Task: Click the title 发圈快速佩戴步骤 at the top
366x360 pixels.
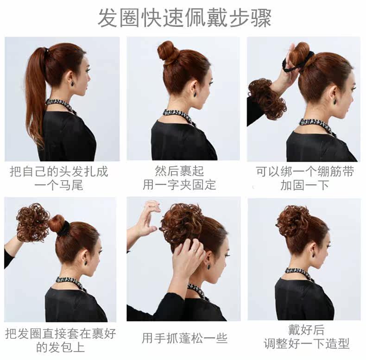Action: (184, 18)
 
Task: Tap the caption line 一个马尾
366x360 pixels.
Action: (59, 186)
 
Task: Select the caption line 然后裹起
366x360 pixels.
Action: (179, 171)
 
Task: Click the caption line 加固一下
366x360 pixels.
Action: (304, 186)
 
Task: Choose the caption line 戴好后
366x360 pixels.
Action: (306, 330)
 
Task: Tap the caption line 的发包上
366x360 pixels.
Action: (60, 347)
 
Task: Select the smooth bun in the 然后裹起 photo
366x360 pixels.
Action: (168, 51)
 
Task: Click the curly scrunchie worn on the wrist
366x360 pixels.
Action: (267, 98)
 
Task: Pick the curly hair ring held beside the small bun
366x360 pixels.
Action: (33, 222)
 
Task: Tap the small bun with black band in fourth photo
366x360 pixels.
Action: (58, 225)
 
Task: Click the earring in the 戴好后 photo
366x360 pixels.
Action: (313, 255)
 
